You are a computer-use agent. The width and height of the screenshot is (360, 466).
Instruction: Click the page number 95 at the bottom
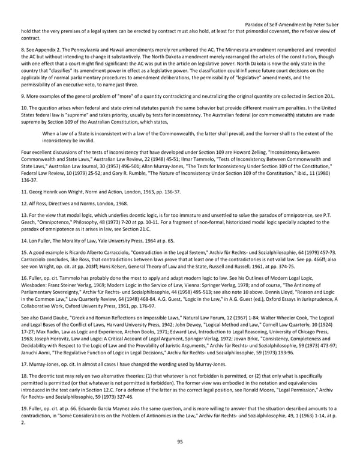(x=179, y=441)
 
